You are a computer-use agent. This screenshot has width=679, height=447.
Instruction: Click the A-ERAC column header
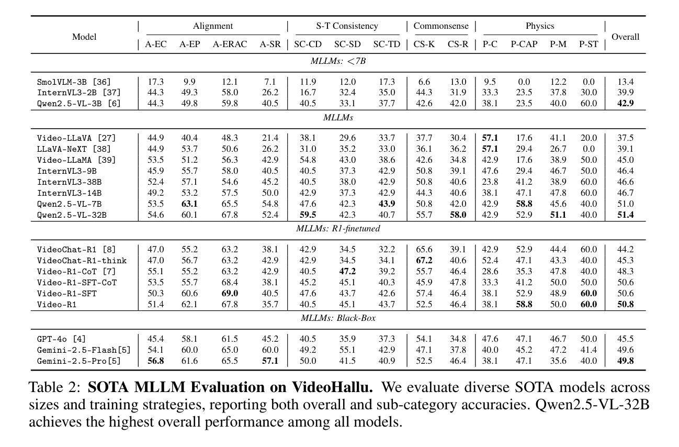tap(230, 44)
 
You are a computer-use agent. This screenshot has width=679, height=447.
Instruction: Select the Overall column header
tap(625, 37)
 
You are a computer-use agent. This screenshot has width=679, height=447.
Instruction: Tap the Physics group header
tap(540, 26)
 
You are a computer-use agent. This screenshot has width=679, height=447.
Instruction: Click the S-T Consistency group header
tap(347, 26)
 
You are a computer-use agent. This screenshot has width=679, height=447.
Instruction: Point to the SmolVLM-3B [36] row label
tap(74, 82)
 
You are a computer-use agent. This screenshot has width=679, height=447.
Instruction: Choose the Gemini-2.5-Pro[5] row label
tap(79, 361)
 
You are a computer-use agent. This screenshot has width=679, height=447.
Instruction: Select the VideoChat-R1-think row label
tap(82, 261)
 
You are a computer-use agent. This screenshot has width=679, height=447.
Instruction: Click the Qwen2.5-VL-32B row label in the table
tap(72, 215)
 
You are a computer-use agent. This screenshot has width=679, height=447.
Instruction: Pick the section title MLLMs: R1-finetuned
tap(338, 228)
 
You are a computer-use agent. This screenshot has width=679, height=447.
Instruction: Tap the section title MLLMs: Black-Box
tap(338, 318)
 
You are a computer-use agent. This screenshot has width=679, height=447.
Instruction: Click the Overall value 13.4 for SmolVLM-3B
tap(625, 82)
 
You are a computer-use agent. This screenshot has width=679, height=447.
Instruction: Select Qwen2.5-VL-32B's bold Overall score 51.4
tap(625, 215)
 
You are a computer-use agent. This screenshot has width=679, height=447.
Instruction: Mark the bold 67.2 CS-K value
tap(424, 260)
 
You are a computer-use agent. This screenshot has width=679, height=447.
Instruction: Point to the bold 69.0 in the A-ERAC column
tap(230, 293)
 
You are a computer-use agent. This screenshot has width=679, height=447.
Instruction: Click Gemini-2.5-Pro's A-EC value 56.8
tap(155, 361)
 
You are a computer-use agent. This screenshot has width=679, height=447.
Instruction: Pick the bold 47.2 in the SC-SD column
tap(347, 271)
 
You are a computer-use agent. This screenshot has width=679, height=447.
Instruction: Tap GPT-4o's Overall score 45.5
tap(625, 339)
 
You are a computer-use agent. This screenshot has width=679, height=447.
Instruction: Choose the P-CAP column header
tap(524, 44)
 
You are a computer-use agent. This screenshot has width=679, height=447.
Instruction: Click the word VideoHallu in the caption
tap(332, 387)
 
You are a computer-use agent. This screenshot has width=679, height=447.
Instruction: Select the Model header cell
tap(84, 37)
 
